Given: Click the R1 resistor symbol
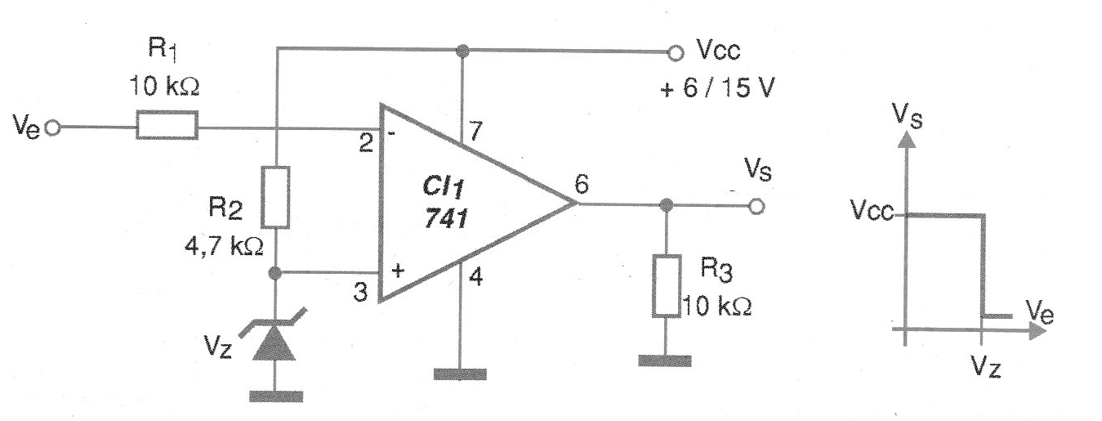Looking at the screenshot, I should pyautogui.click(x=166, y=128).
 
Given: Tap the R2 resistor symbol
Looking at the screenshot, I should pyautogui.click(x=277, y=196).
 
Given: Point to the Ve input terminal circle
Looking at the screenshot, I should pyautogui.click(x=53, y=128).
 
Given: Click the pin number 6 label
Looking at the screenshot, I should pyautogui.click(x=581, y=185).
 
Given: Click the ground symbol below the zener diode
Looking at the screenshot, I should pyautogui.click(x=276, y=396).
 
